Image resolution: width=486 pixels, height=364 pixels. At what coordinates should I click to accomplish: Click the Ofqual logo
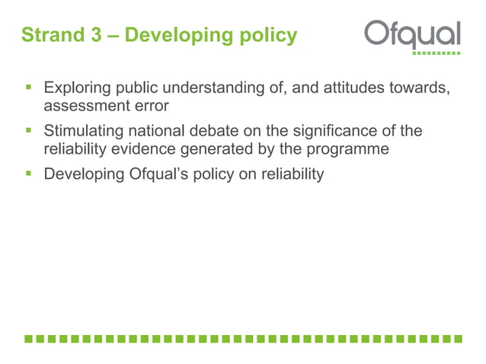click(x=411, y=35)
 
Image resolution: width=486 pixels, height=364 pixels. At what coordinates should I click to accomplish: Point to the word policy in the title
click(x=267, y=36)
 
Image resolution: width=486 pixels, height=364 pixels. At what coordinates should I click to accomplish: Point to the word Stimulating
click(x=85, y=132)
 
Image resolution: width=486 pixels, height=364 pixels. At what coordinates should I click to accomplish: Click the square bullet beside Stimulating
click(x=28, y=133)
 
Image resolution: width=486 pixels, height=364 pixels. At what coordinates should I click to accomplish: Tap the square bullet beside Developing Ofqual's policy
click(x=28, y=174)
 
